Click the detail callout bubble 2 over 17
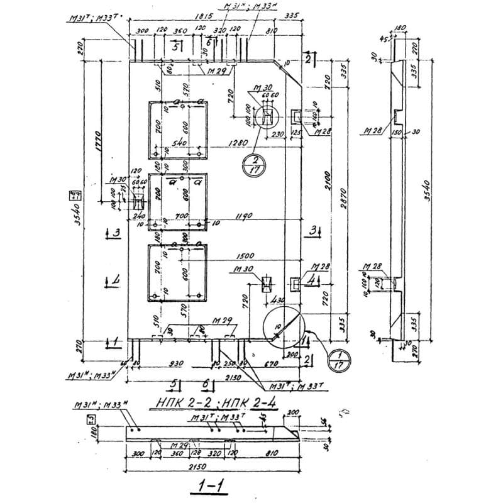[x=253, y=165]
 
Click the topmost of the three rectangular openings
[x=178, y=130]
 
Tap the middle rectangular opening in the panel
[x=178, y=201]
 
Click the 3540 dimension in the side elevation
[x=428, y=188]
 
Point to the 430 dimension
[x=279, y=301]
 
